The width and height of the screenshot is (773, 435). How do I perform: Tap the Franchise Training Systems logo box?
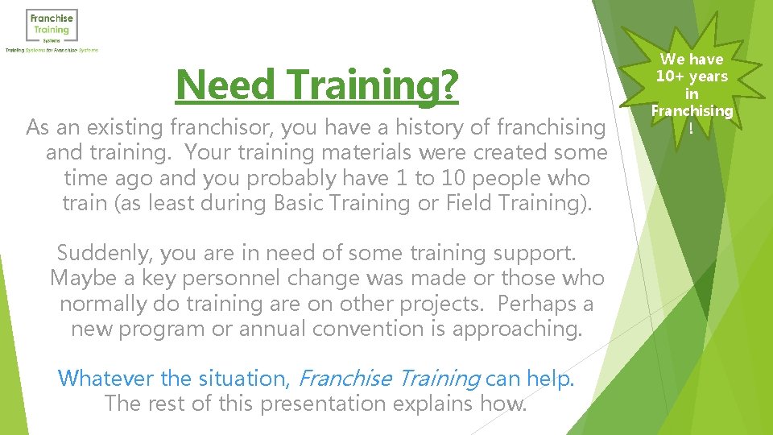coord(52,26)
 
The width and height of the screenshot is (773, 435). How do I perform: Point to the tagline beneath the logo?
coord(52,50)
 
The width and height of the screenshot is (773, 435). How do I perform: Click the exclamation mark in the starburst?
coord(691,127)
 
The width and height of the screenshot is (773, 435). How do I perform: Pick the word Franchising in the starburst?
coord(692,110)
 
